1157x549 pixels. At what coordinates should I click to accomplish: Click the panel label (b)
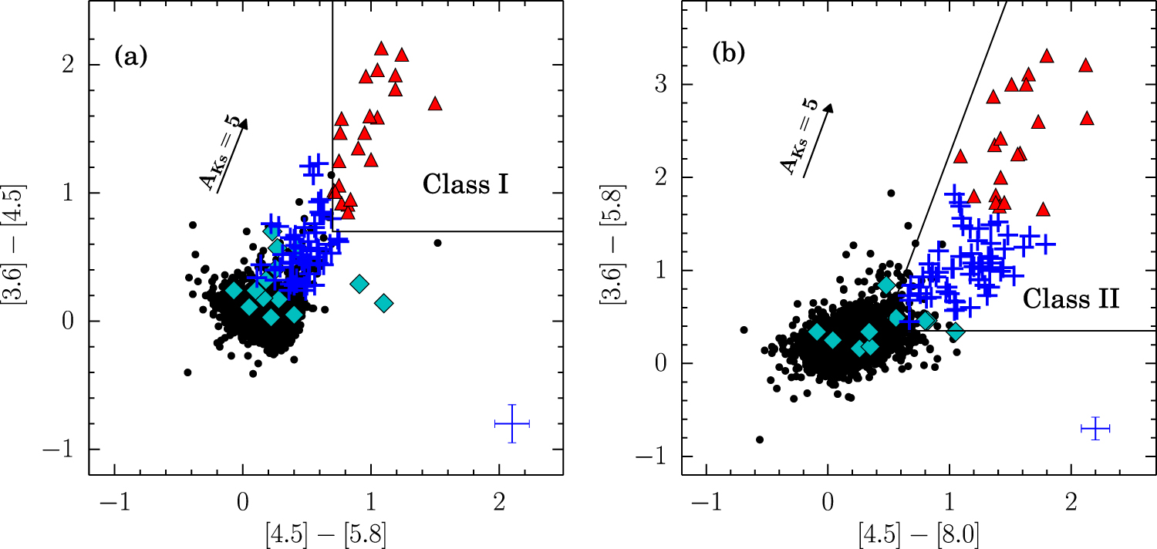[x=727, y=56]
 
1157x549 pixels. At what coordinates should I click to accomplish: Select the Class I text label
[x=464, y=185]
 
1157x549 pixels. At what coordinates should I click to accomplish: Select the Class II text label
[x=1071, y=298]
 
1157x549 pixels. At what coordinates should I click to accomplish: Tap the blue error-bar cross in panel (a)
[x=512, y=424]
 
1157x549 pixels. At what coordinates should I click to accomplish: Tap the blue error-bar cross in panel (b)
[x=1095, y=429]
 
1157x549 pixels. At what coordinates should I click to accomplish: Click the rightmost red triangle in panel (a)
[x=435, y=103]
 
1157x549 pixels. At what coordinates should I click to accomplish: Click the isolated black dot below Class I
[x=437, y=243]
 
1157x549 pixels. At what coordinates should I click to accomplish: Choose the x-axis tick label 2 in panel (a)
[x=499, y=501]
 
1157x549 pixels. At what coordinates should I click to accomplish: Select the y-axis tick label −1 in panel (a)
[x=66, y=450]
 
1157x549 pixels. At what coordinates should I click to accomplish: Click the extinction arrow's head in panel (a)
[x=245, y=121]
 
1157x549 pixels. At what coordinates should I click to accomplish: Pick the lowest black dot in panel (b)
[x=760, y=440]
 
